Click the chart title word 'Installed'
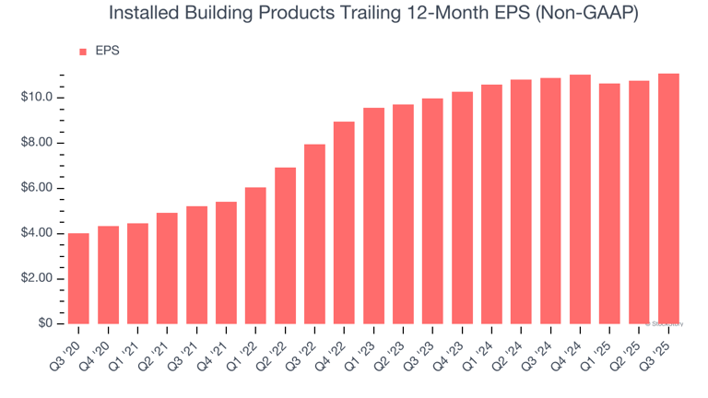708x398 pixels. (141, 14)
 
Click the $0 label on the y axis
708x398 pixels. (46, 323)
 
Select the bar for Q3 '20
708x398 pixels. (78, 278)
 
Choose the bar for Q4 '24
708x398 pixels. (580, 199)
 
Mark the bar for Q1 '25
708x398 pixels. (609, 204)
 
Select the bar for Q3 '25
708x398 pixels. (668, 198)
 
